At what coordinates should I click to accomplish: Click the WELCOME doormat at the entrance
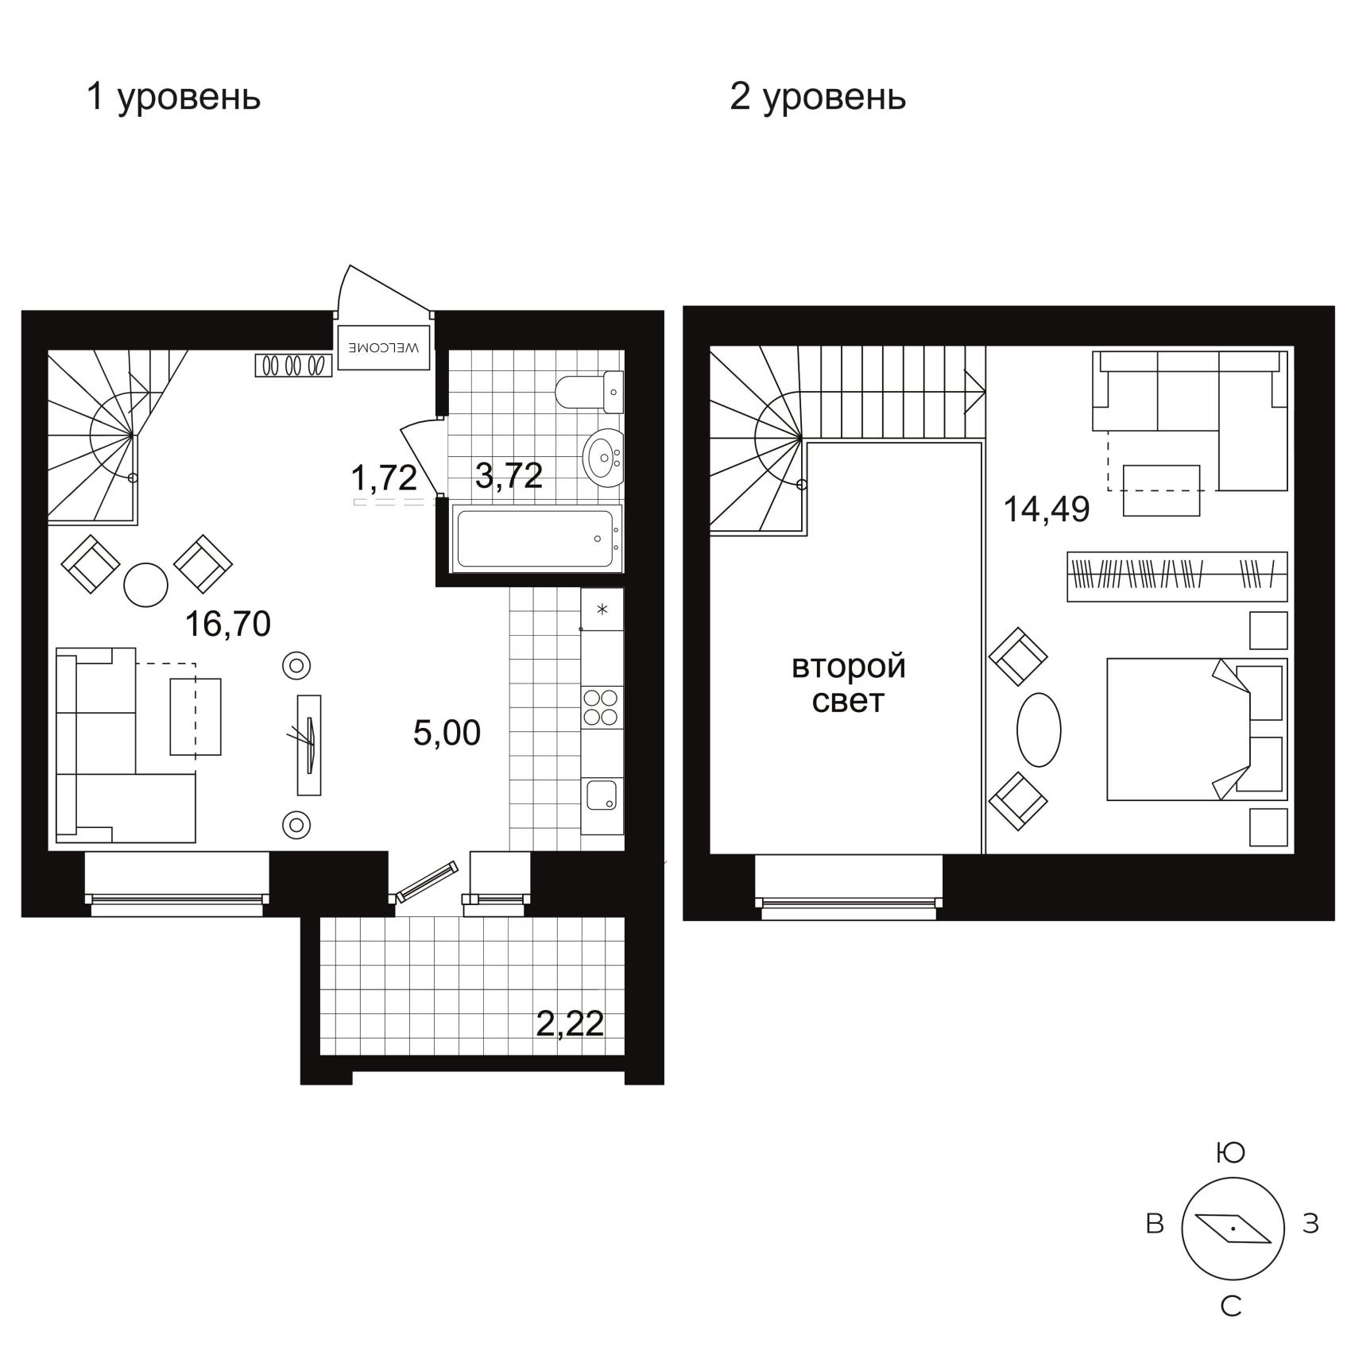click(x=384, y=347)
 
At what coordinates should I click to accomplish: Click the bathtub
click(x=536, y=538)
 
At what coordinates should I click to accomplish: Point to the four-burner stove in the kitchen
click(x=602, y=706)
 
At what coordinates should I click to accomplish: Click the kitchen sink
click(x=601, y=794)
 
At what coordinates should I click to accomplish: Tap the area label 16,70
click(x=228, y=625)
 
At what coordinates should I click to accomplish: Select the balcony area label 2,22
click(x=570, y=1024)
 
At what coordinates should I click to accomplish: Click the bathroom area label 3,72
click(x=509, y=476)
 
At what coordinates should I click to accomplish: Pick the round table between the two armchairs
click(x=146, y=585)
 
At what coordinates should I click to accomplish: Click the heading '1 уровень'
click(x=173, y=98)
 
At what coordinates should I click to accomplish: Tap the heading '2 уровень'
click(x=818, y=98)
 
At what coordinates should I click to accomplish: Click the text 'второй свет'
click(x=848, y=683)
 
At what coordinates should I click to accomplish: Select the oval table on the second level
click(x=1039, y=730)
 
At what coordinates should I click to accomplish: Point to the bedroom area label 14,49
click(x=1047, y=509)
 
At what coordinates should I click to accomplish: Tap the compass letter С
click(x=1231, y=1306)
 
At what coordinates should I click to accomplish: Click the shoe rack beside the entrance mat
click(x=293, y=365)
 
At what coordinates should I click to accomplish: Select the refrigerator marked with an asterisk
click(x=602, y=610)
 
